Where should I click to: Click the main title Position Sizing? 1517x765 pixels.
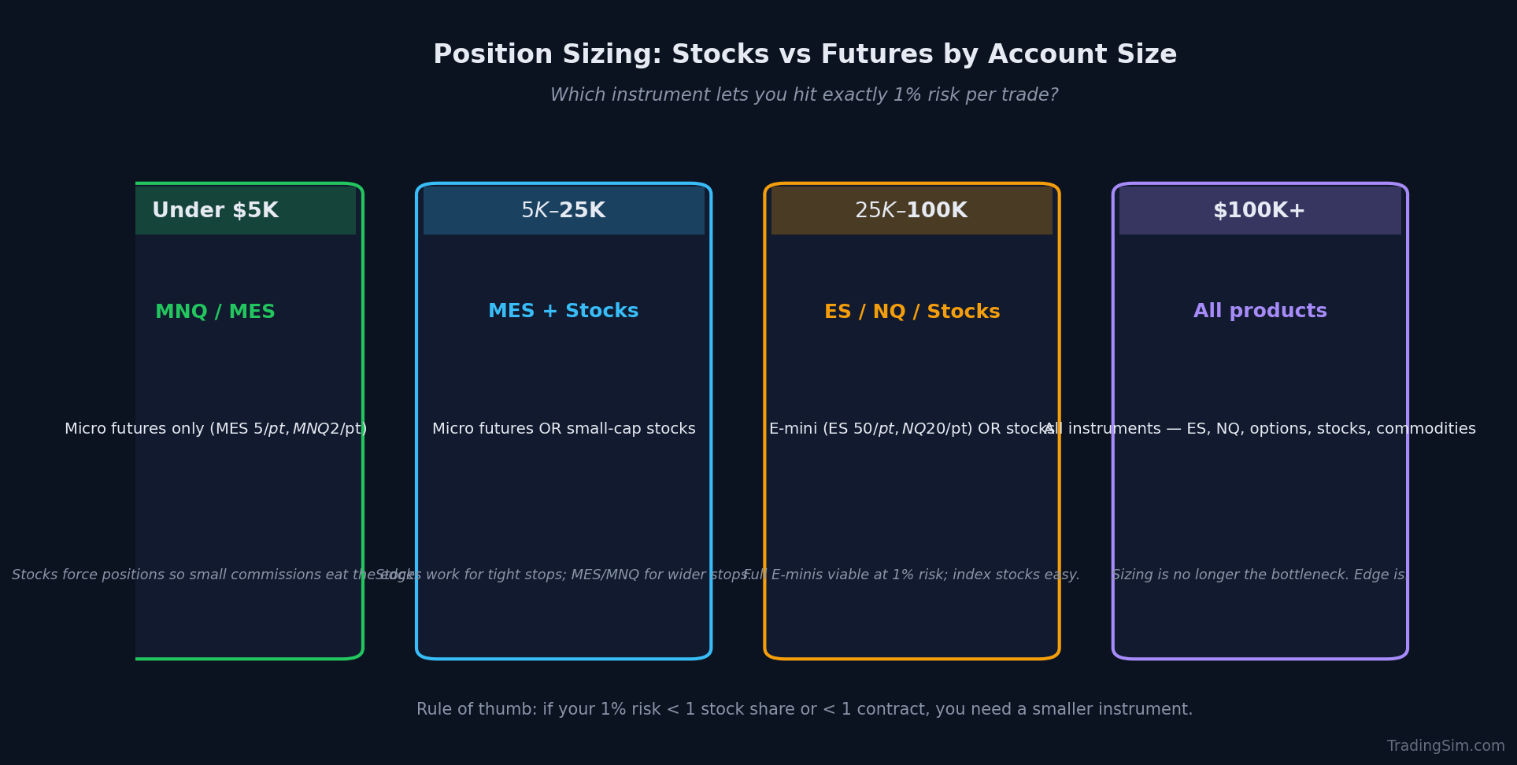805,55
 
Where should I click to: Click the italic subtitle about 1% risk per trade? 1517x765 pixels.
804,95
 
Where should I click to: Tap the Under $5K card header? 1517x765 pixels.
215,211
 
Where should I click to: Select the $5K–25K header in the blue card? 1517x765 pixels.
564,211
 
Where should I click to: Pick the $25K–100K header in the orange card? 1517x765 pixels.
912,211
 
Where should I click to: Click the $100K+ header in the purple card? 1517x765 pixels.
1260,211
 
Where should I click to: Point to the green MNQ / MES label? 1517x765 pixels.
215,312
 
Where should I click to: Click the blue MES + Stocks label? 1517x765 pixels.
564,312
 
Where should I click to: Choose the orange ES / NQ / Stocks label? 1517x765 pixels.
912,312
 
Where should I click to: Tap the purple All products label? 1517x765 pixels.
1260,312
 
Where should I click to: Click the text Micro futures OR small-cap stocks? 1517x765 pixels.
564,429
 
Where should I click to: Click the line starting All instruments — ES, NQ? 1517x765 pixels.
1260,429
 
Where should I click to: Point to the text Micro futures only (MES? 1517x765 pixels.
215,429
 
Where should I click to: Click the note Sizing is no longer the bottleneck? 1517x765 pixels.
1260,575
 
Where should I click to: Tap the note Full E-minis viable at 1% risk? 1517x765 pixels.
912,575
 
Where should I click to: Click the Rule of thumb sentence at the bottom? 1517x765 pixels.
804,710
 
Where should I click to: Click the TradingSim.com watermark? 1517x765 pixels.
1445,746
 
